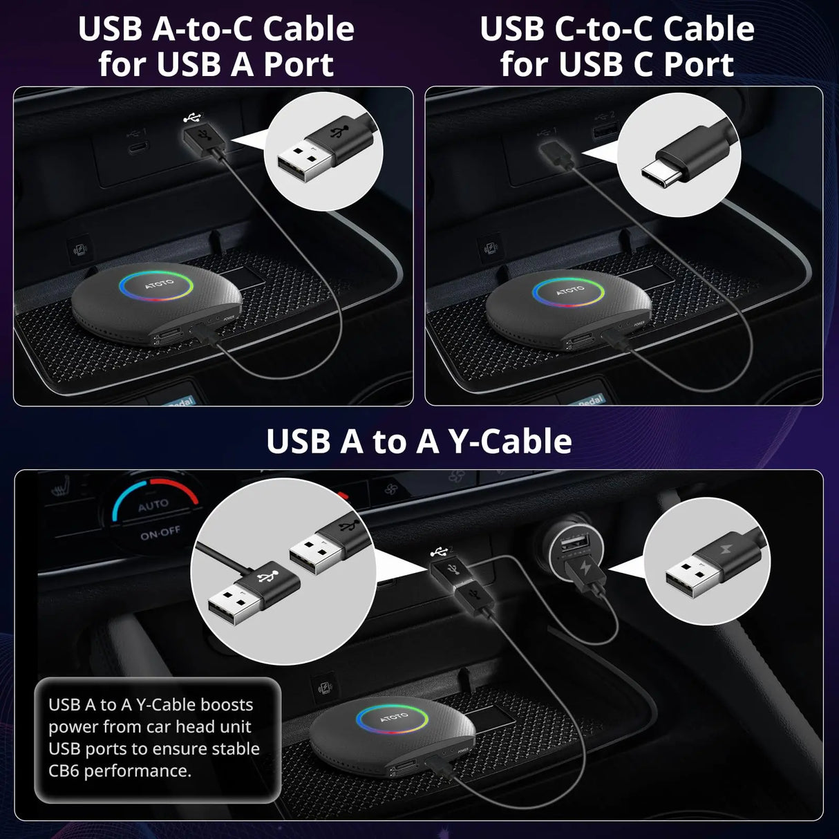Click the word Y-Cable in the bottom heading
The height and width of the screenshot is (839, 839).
[510, 442]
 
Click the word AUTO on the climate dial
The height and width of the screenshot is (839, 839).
[153, 505]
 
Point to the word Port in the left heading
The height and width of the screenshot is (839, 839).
[299, 64]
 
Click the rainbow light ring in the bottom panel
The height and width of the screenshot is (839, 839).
[393, 719]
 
